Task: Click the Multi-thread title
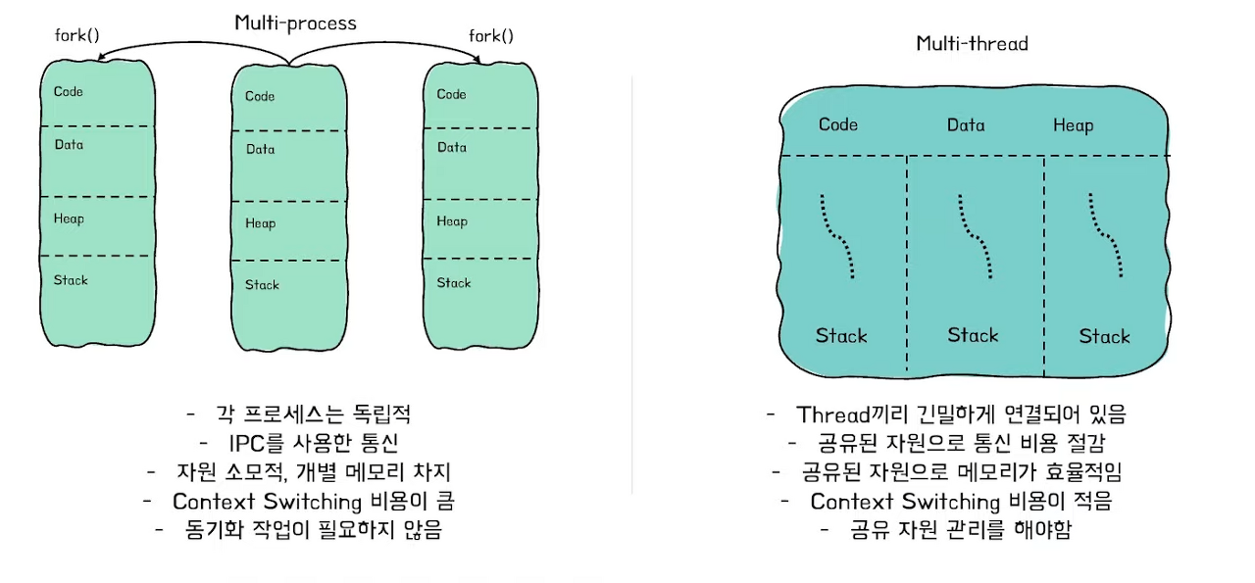click(x=972, y=43)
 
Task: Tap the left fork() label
click(x=76, y=37)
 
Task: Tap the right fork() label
click(x=491, y=36)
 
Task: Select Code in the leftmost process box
click(x=69, y=92)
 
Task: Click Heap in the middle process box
click(x=260, y=223)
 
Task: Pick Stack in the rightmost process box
click(x=454, y=283)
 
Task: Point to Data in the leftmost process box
click(x=69, y=145)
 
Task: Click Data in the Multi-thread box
click(x=966, y=125)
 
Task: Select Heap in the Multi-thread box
click(x=1073, y=125)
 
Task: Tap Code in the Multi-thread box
click(x=838, y=124)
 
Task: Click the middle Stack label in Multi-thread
click(x=973, y=335)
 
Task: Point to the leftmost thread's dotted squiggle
click(x=837, y=235)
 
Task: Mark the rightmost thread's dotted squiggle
click(x=1106, y=235)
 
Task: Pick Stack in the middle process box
click(x=262, y=285)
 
